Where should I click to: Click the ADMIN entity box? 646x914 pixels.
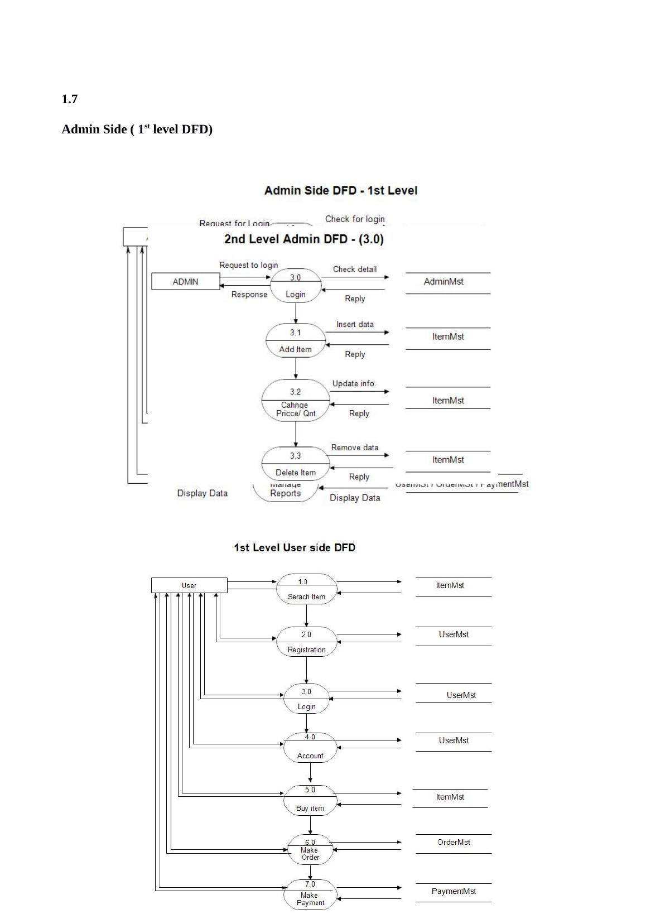[x=185, y=281]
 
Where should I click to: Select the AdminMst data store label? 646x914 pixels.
[x=443, y=282]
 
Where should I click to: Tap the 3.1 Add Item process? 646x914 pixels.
[x=296, y=341]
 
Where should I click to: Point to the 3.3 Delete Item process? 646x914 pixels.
[x=296, y=464]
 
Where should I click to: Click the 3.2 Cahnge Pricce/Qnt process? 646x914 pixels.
[x=296, y=401]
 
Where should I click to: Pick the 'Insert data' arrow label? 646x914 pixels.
[x=355, y=324]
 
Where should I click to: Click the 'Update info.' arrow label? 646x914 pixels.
[x=354, y=383]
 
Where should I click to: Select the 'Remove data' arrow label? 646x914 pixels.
[x=355, y=448]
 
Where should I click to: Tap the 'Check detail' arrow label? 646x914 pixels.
[x=355, y=269]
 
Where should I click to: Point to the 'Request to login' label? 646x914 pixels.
[x=248, y=265]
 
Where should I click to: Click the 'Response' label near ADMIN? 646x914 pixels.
[x=249, y=295]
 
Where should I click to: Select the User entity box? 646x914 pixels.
[x=189, y=585]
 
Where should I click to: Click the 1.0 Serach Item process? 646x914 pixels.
[x=306, y=589]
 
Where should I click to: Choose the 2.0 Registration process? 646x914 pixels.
[x=306, y=642]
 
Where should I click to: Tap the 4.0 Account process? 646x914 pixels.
[x=310, y=747]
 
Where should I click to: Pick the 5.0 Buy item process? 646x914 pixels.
[x=310, y=800]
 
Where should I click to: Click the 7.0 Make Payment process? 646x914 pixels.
[x=310, y=894]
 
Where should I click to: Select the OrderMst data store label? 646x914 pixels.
[x=454, y=842]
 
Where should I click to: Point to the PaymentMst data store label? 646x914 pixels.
[x=454, y=891]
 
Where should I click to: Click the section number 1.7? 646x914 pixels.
[x=69, y=99]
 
